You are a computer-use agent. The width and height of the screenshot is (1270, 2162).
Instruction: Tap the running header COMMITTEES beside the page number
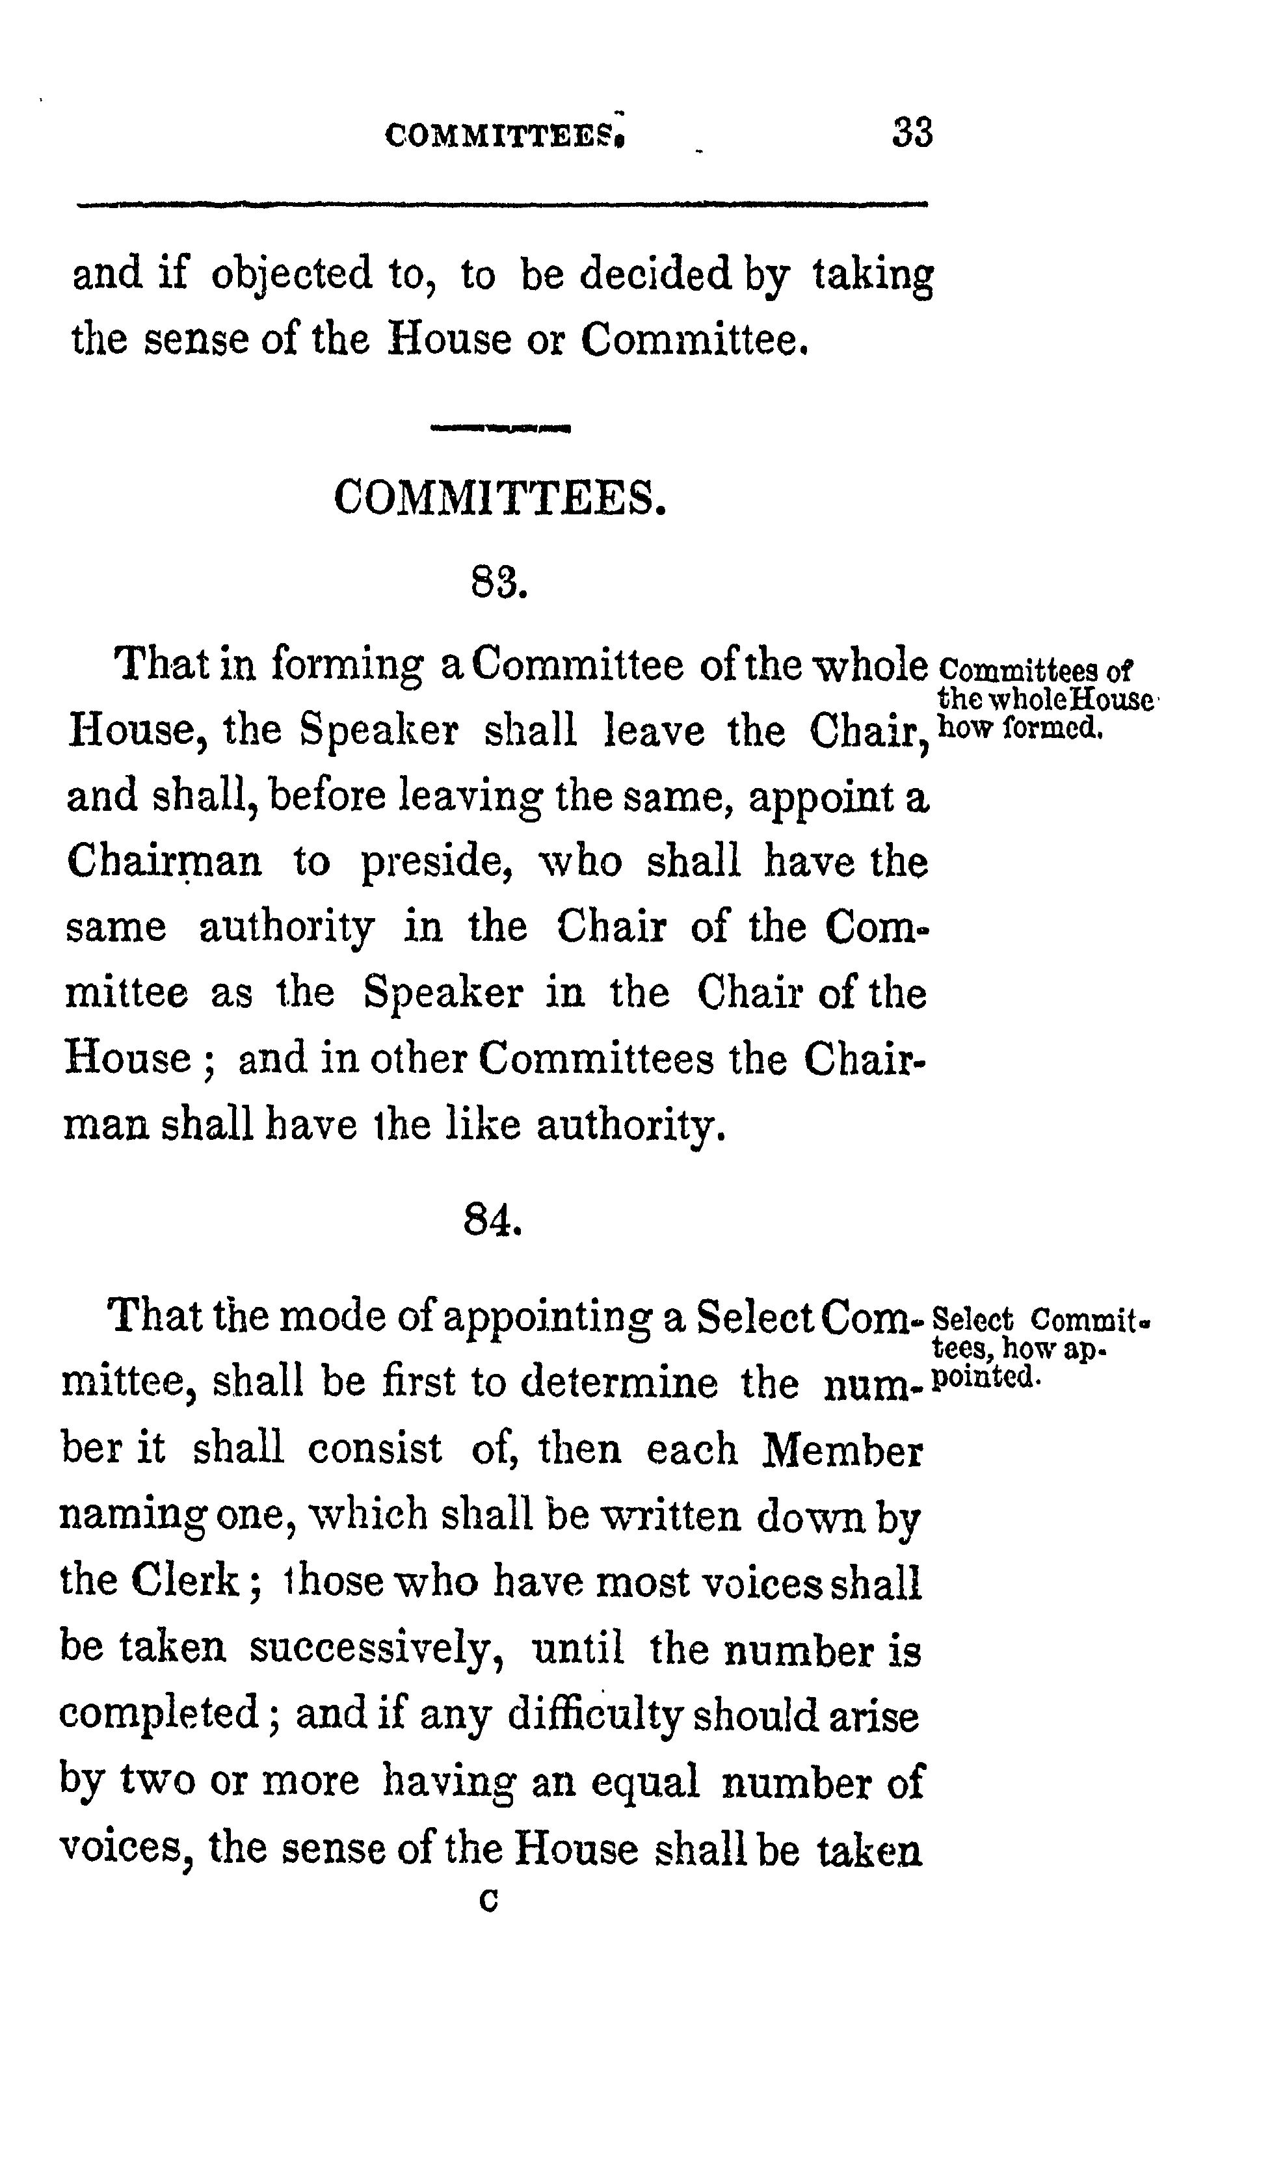pyautogui.click(x=505, y=135)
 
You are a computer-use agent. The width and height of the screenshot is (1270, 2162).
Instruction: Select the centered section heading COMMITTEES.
pyautogui.click(x=499, y=497)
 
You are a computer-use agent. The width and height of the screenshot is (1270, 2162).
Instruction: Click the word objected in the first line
pyautogui.click(x=292, y=274)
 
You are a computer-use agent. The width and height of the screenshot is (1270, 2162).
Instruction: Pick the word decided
pyautogui.click(x=655, y=273)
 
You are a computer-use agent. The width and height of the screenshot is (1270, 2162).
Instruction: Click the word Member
pyautogui.click(x=843, y=1450)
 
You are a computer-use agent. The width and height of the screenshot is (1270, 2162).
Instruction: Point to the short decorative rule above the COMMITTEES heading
pyautogui.click(x=502, y=427)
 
